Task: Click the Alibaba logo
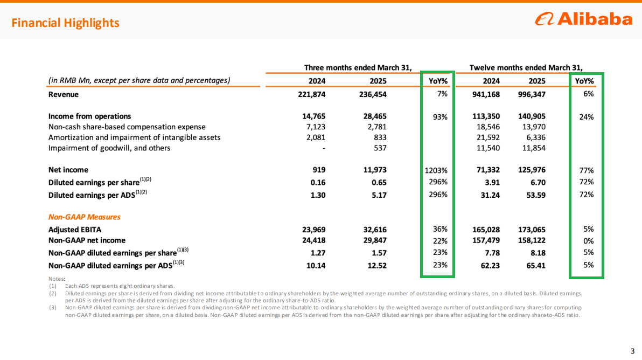584,19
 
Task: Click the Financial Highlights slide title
66,23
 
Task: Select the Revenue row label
64,95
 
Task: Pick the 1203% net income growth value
436,170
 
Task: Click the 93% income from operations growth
440,117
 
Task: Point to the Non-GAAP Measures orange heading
85,217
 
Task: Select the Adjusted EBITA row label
75,230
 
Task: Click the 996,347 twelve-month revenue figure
532,95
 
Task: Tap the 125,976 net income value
532,170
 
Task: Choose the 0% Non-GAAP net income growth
588,241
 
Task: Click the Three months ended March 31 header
358,67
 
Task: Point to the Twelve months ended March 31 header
526,67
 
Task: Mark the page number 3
633,351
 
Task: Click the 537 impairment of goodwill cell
380,148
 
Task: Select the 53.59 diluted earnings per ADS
536,195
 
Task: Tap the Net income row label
68,170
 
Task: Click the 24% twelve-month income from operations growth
587,117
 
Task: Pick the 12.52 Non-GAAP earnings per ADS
376,266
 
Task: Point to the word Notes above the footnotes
57,279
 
